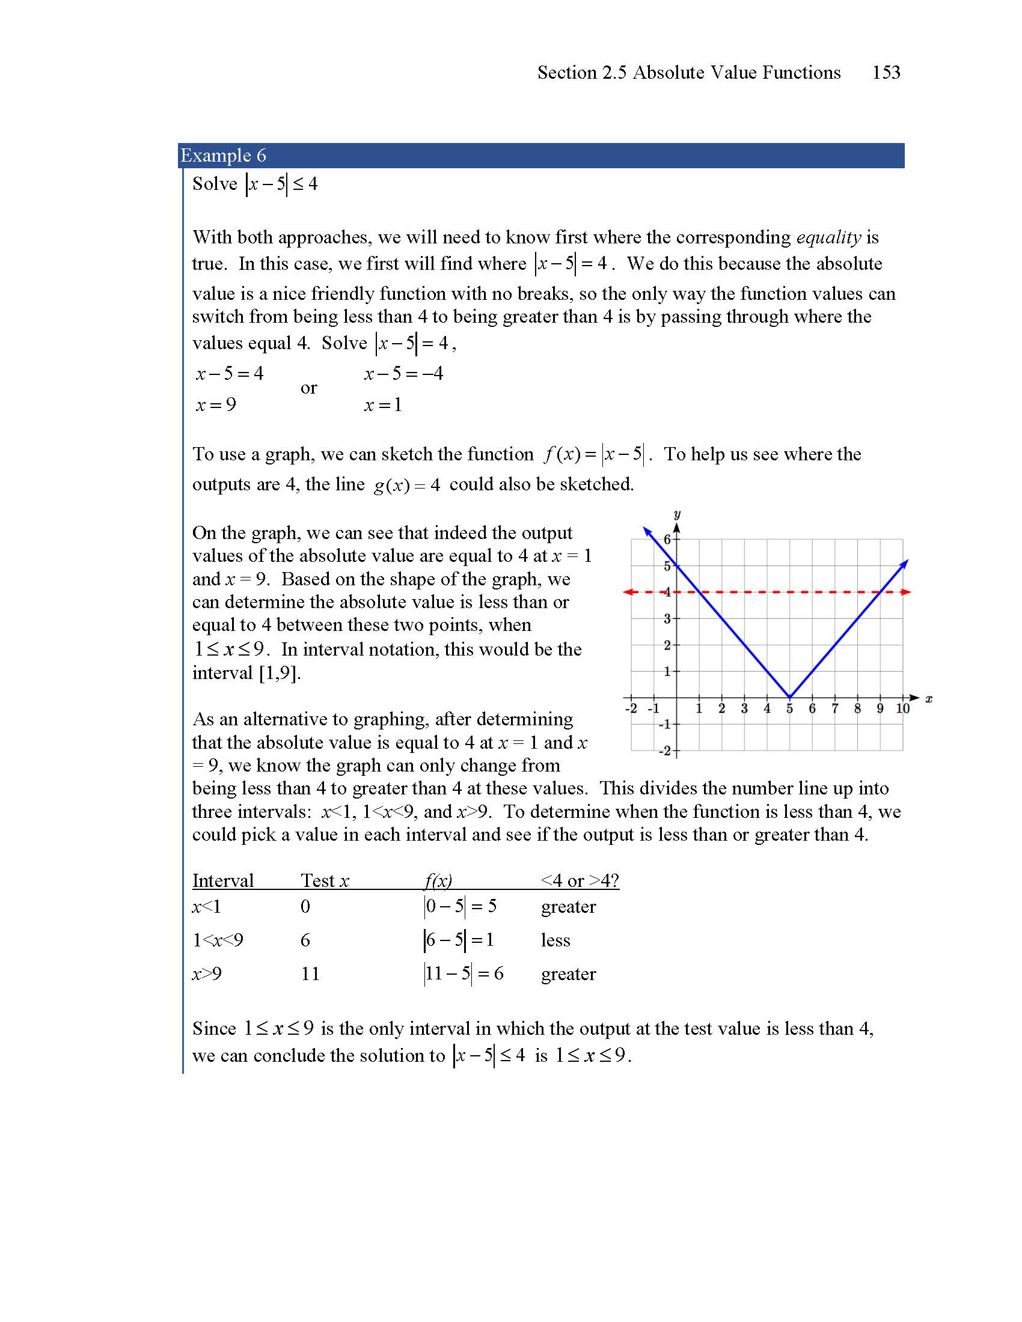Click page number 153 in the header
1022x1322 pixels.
tap(886, 73)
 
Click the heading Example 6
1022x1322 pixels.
tap(223, 156)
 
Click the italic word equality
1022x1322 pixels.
tap(828, 237)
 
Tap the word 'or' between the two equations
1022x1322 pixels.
tap(308, 388)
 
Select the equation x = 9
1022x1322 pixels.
tap(216, 404)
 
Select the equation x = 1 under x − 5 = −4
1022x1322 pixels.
tap(382, 404)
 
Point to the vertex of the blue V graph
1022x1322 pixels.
tap(789, 696)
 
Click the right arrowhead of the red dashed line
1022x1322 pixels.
tap(906, 592)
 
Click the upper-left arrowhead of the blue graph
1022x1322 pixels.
tap(647, 531)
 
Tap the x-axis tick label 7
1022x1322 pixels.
tap(835, 708)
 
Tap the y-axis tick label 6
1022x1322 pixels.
tap(667, 539)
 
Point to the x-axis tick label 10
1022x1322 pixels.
tap(903, 708)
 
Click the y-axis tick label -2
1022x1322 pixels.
tap(665, 751)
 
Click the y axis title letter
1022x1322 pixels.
tap(677, 514)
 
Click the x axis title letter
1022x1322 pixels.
tap(929, 698)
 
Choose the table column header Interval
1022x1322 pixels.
tap(223, 880)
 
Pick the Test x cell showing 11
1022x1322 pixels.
tap(310, 973)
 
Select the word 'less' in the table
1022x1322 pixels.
tap(555, 940)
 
